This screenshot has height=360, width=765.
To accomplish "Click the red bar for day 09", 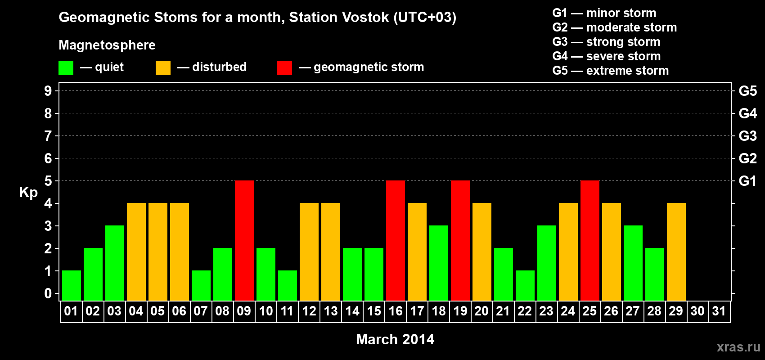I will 244,240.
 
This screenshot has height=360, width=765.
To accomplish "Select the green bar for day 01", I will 72,285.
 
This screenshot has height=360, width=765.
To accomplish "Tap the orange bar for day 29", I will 676,252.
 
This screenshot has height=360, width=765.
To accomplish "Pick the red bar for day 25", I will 590,240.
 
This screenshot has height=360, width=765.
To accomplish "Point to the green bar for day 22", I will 525,285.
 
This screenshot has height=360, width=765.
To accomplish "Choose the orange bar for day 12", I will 309,252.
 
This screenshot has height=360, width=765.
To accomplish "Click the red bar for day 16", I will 396,240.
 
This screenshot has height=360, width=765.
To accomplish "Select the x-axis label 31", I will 719,311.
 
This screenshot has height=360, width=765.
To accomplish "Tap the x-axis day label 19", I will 460,311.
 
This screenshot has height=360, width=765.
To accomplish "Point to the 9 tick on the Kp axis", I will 48,91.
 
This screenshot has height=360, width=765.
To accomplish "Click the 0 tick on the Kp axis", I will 48,293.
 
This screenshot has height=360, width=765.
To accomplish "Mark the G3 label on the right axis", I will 747,136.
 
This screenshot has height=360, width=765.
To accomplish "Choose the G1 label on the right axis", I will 747,181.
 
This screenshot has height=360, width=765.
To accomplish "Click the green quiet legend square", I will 66,68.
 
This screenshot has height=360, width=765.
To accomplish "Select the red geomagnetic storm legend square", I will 284,68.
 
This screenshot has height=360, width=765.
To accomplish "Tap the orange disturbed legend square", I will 163,68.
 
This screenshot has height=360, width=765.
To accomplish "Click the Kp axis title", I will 28,193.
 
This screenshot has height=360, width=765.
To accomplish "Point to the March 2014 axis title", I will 395,339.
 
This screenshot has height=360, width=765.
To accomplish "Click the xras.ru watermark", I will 738,347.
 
